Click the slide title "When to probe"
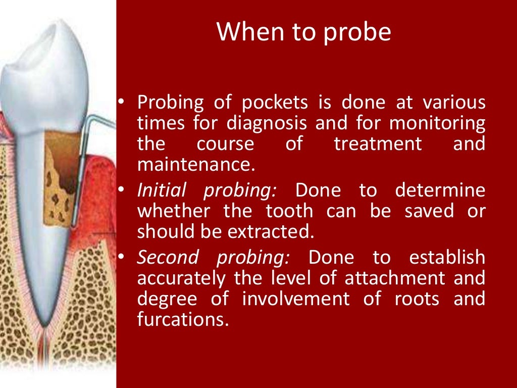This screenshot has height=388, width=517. pos(303,32)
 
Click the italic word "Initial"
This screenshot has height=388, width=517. pos(162,190)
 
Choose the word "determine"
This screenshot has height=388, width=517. pos(440,190)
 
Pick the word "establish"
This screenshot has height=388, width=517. pos(447,257)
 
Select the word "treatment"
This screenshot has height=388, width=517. pos(378,144)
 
